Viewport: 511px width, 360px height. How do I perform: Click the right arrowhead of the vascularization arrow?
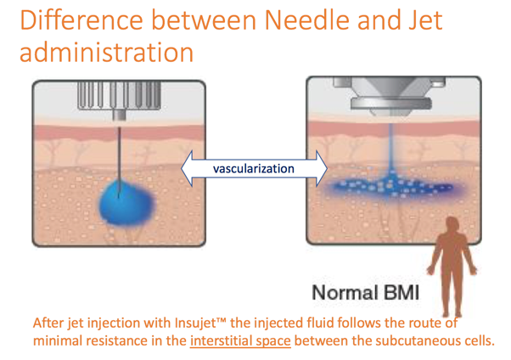click(323, 168)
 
